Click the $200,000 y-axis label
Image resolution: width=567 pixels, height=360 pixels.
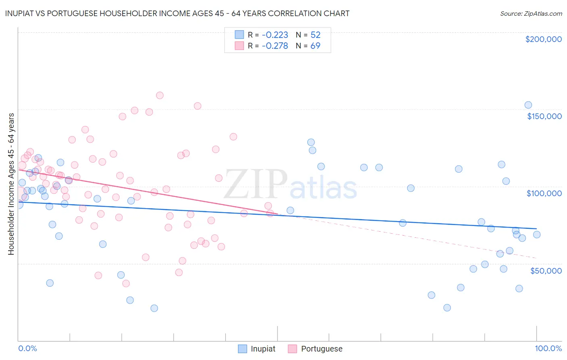click(x=543, y=39)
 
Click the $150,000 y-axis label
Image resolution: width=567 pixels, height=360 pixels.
click(x=544, y=116)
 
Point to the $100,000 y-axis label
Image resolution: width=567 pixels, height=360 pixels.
click(x=544, y=193)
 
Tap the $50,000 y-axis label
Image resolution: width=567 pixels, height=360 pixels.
click(x=546, y=271)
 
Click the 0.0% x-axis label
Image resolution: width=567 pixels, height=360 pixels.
click(x=27, y=348)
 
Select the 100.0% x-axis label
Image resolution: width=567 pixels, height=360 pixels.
click(x=548, y=348)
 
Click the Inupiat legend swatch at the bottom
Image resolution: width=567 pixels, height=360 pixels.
click(x=242, y=349)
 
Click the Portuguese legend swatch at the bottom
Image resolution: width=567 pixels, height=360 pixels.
click(x=292, y=349)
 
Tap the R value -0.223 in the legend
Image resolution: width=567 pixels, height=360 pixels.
click(x=275, y=35)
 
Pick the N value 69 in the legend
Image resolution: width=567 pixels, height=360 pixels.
click(x=315, y=46)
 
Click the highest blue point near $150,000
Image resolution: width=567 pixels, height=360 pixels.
click(x=528, y=105)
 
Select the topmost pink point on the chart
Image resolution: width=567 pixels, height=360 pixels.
click(x=160, y=96)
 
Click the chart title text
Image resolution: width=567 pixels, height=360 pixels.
click(x=177, y=13)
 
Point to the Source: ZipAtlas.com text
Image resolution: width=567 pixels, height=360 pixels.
click(x=531, y=13)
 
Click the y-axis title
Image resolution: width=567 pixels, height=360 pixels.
click(x=11, y=184)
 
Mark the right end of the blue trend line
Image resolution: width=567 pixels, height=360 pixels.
click(x=536, y=229)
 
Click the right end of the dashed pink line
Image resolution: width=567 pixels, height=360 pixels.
click(x=536, y=258)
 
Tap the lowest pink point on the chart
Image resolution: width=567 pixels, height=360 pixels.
click(x=126, y=283)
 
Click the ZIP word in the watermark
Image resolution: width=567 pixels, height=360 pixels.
click(x=255, y=184)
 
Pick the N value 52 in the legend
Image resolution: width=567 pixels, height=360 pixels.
click(x=315, y=35)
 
